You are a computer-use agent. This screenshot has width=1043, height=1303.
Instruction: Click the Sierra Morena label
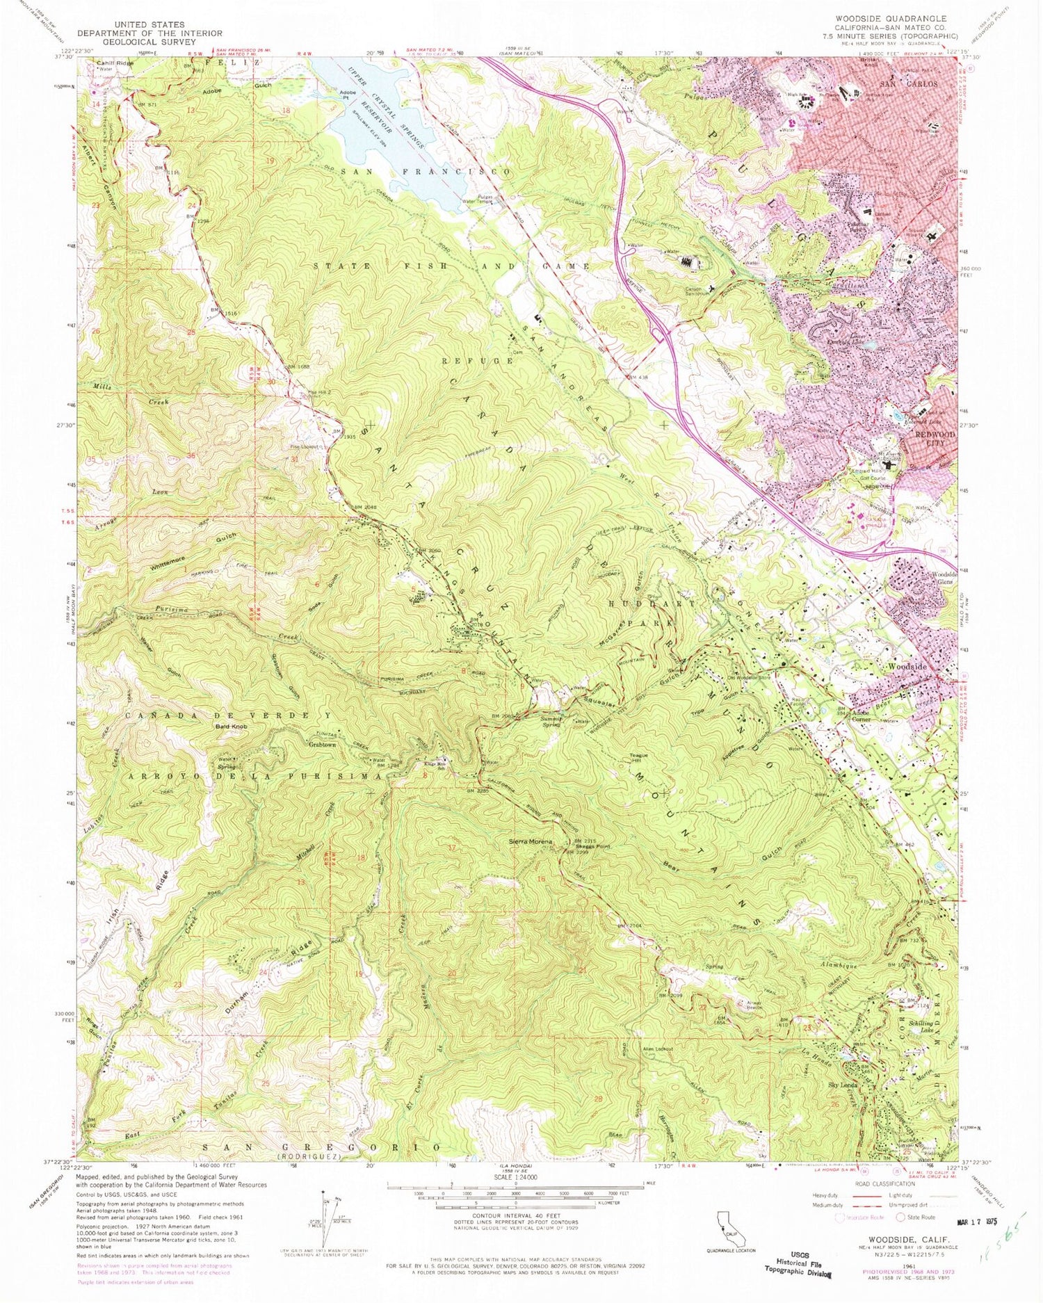(x=531, y=842)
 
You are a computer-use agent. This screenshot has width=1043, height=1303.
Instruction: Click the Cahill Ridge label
(x=114, y=63)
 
